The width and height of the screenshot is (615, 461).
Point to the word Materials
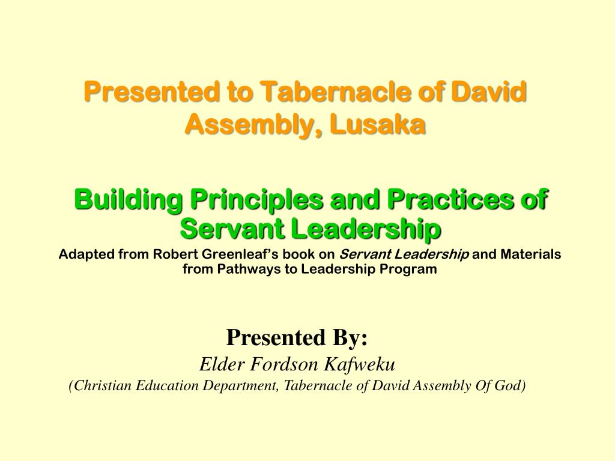click(x=531, y=255)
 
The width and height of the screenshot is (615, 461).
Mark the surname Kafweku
click(x=359, y=364)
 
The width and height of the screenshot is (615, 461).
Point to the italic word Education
click(x=167, y=386)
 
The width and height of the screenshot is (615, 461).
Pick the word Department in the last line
click(x=240, y=386)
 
